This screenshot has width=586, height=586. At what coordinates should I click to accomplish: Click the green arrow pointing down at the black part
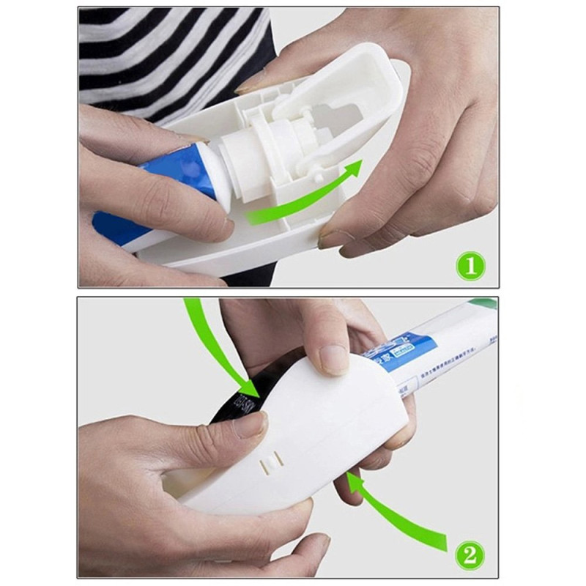coord(220,344)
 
